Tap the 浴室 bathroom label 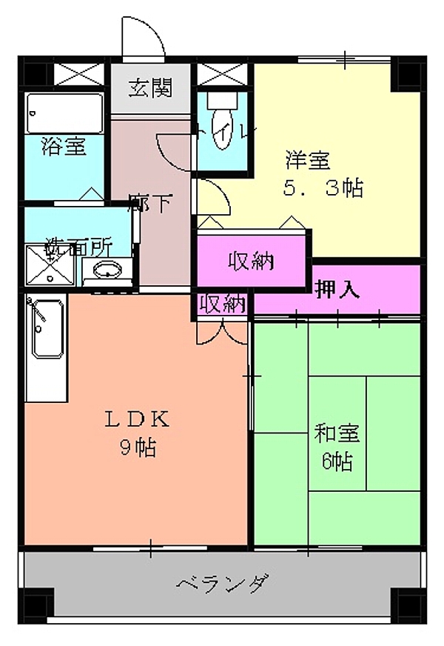pos(63,146)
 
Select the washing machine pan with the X pos(47,265)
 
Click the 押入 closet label pos(338,290)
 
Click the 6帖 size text pos(337,461)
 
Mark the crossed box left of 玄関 pos(80,76)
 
